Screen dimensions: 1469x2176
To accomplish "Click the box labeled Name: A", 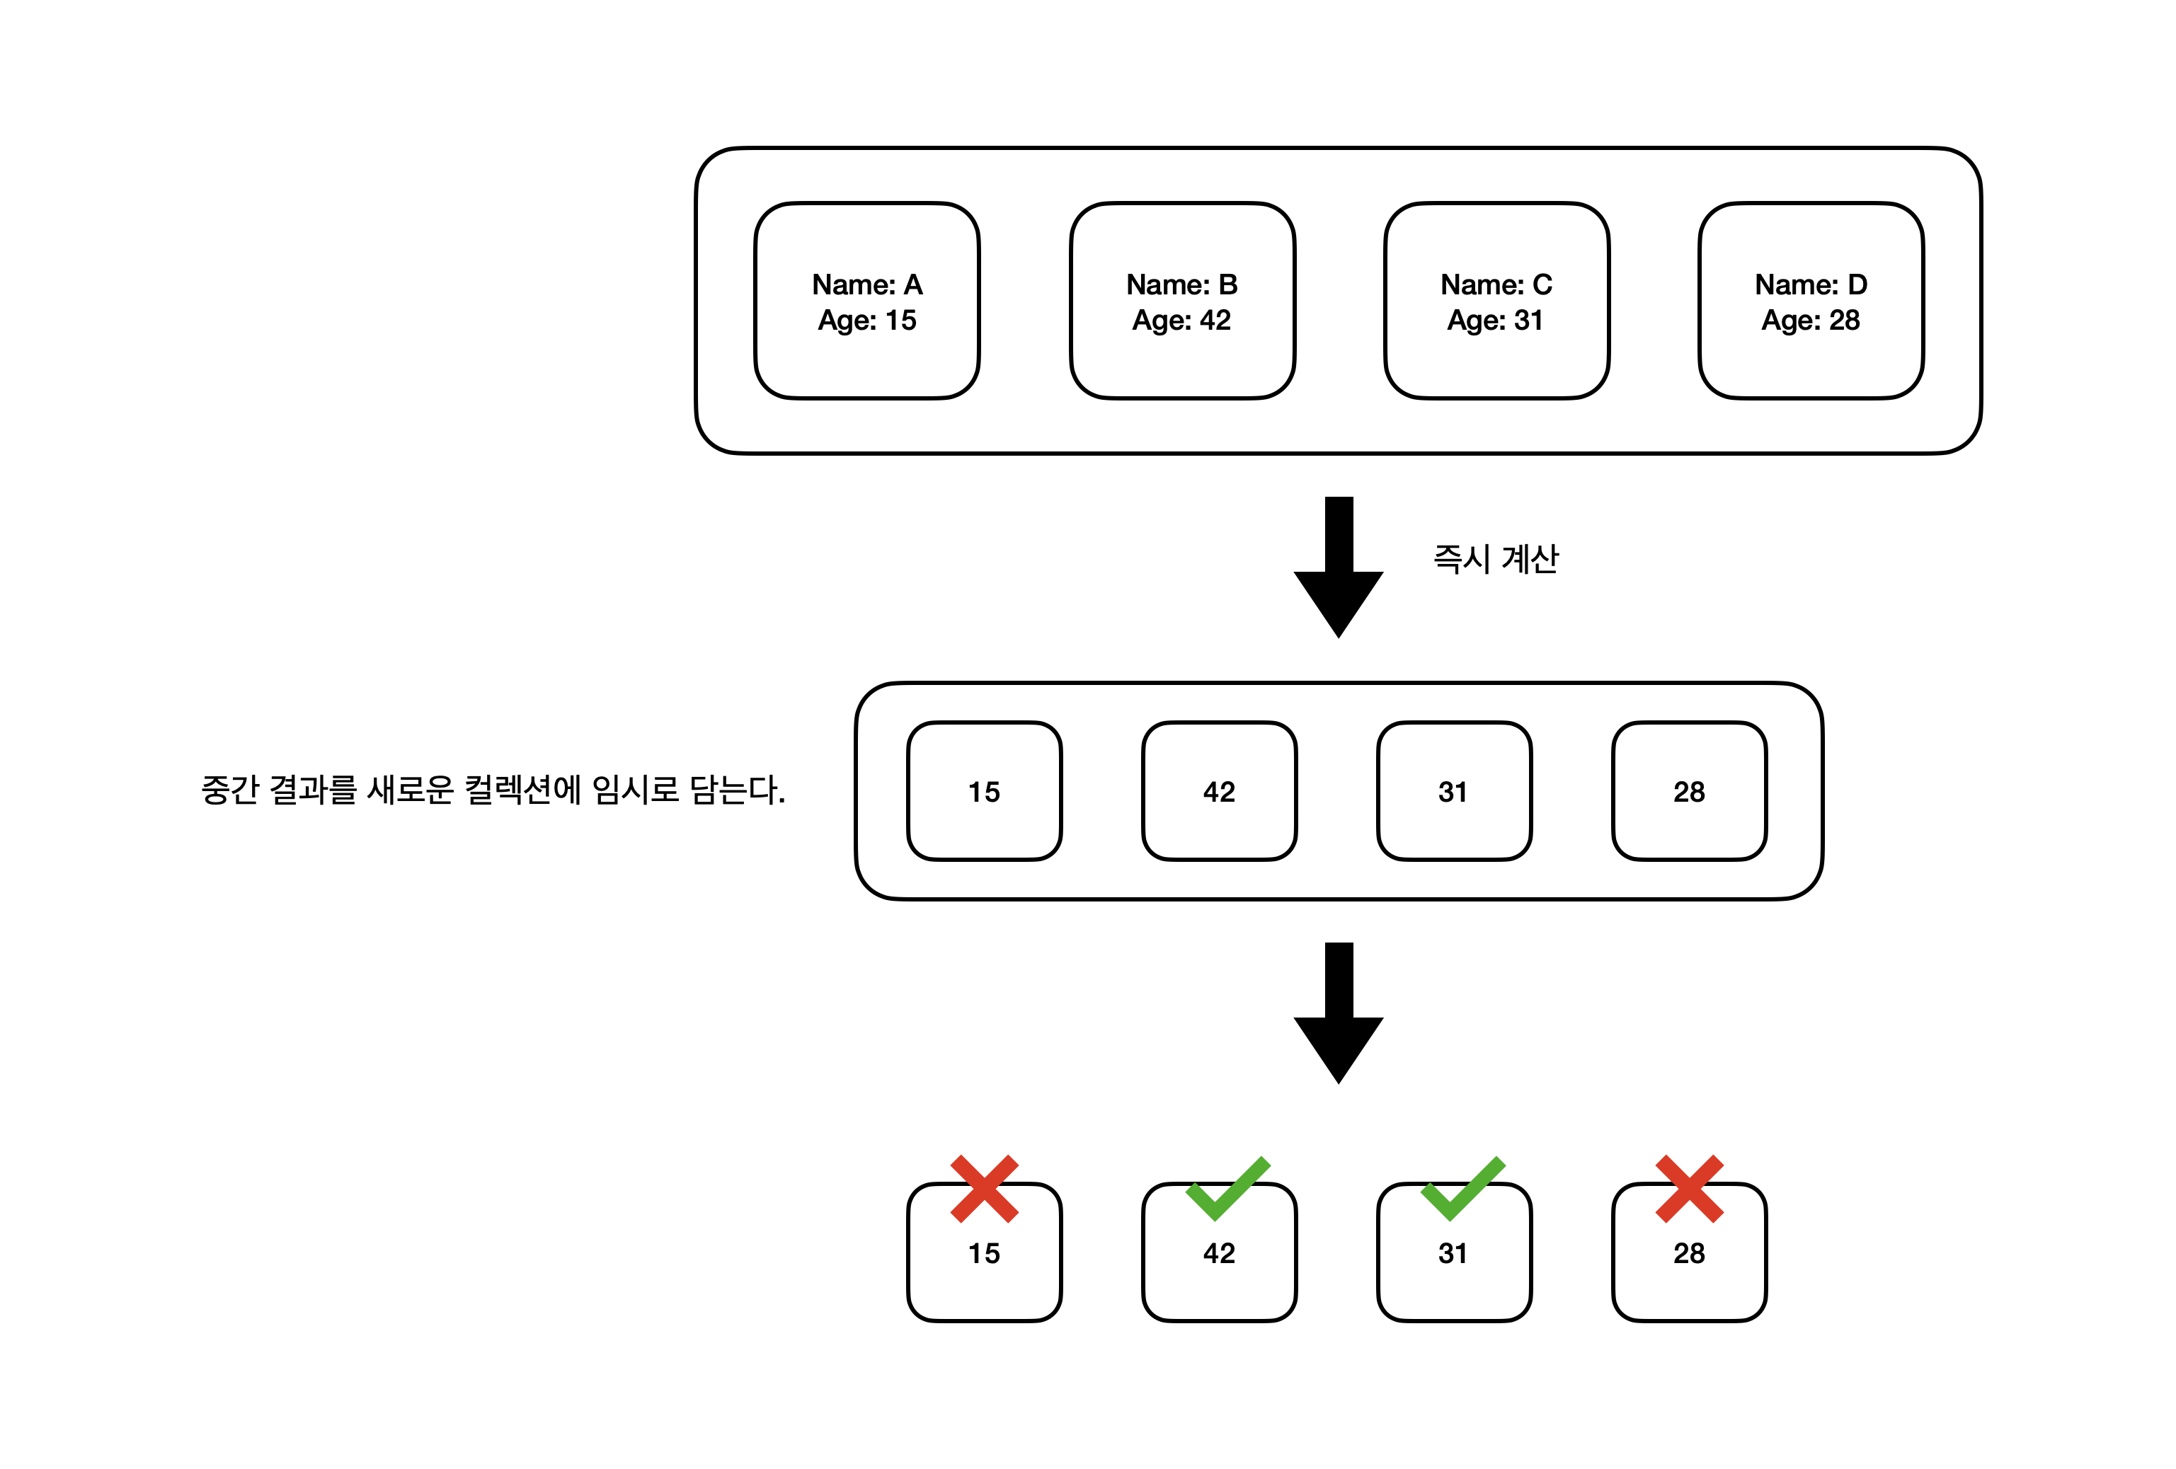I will click(x=866, y=301).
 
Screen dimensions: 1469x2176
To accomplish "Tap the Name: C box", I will click(x=1496, y=301).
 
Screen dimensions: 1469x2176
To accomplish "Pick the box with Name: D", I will click(x=1811, y=301).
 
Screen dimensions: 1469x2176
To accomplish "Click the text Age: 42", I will click(x=1181, y=321).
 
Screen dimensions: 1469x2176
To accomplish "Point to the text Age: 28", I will click(x=1811, y=321).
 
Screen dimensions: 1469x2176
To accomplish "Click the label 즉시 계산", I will click(x=1495, y=559).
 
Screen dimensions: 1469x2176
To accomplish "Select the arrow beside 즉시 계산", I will click(x=1338, y=565).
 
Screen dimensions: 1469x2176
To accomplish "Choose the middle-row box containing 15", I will click(x=984, y=791).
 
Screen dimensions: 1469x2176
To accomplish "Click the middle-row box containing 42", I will click(x=1219, y=791).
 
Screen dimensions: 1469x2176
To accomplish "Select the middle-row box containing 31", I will click(x=1454, y=791).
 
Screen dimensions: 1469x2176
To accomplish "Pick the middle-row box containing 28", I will click(x=1689, y=791).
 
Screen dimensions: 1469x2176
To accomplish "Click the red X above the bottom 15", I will click(x=984, y=1189).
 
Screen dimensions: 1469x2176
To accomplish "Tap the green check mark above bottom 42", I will click(x=1227, y=1189).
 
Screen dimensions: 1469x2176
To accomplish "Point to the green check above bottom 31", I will click(x=1462, y=1189).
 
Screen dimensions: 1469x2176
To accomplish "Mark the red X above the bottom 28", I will click(x=1689, y=1189).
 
